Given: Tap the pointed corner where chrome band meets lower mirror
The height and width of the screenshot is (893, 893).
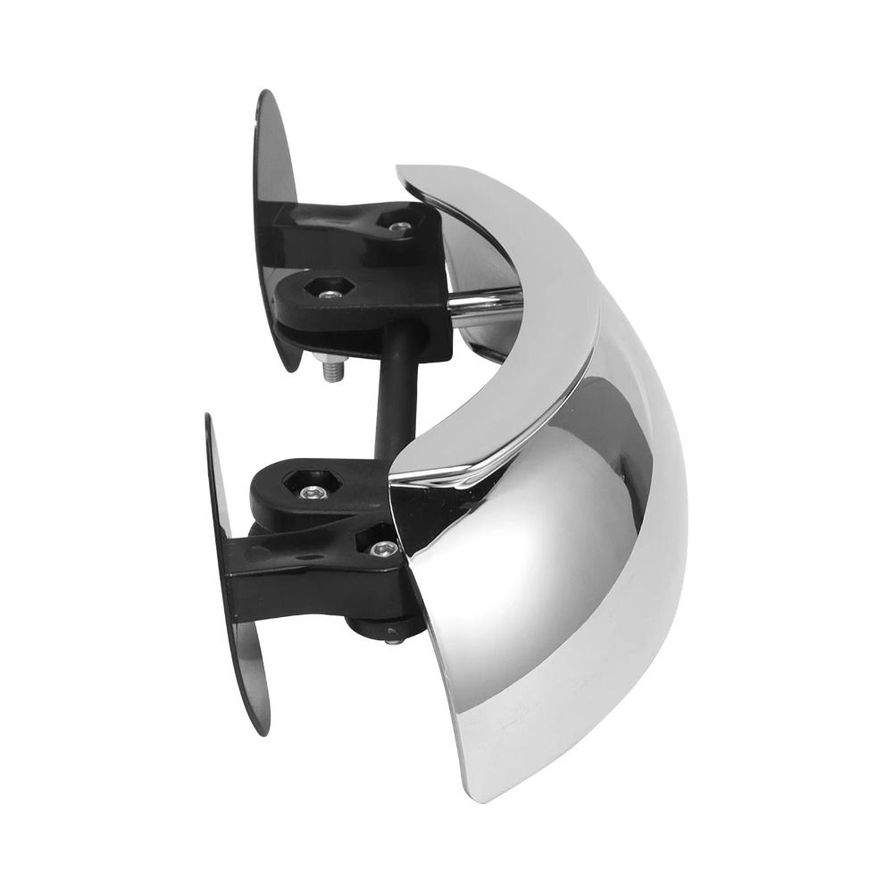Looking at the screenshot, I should pyautogui.click(x=393, y=469).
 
